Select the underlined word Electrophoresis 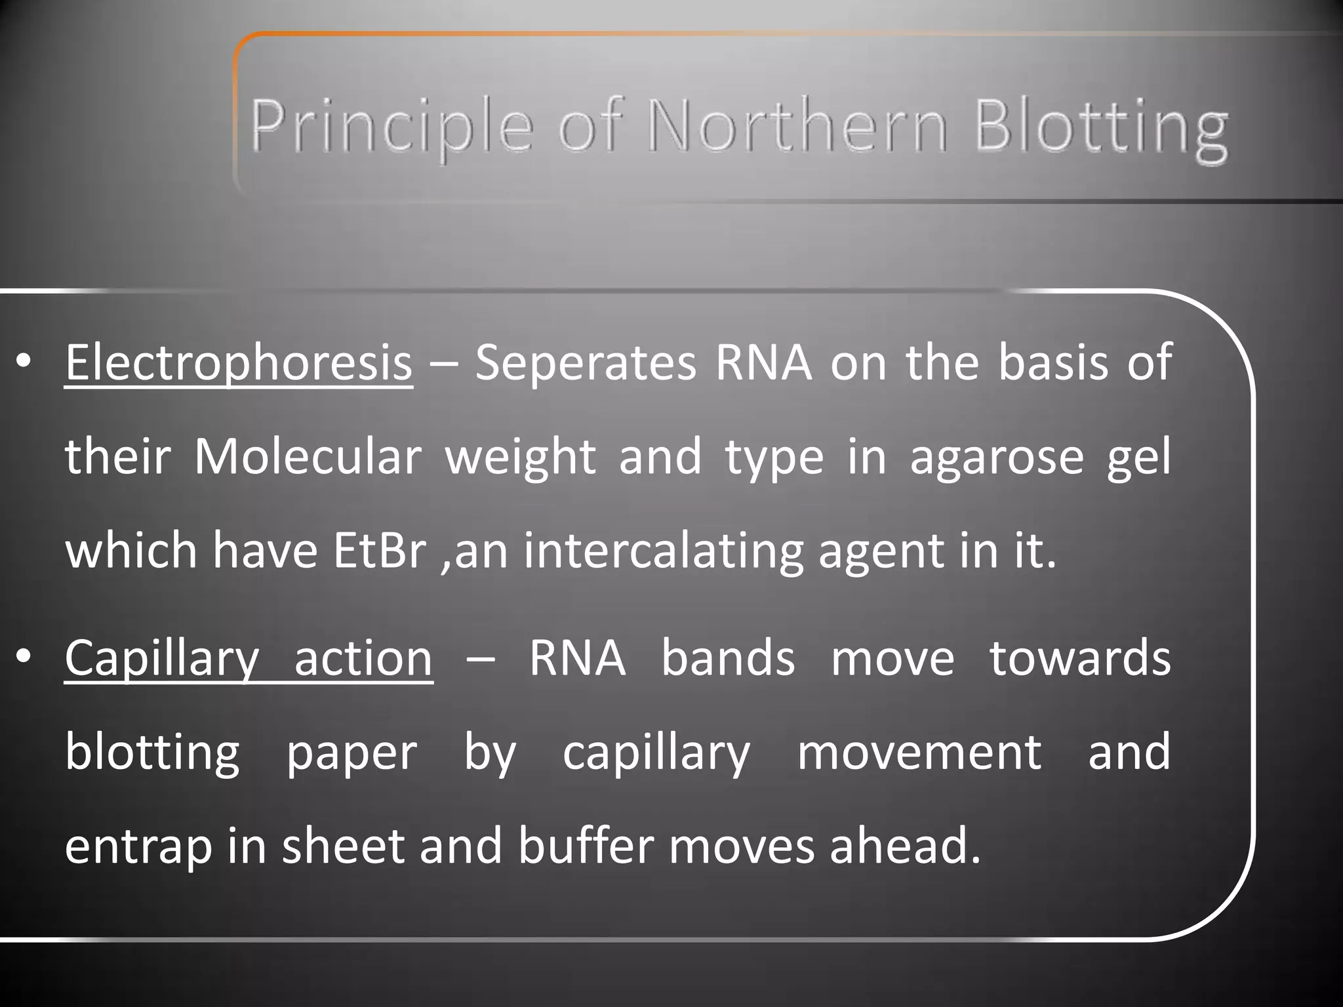[239, 364]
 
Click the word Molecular [308, 457]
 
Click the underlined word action [363, 658]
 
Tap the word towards [1080, 658]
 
